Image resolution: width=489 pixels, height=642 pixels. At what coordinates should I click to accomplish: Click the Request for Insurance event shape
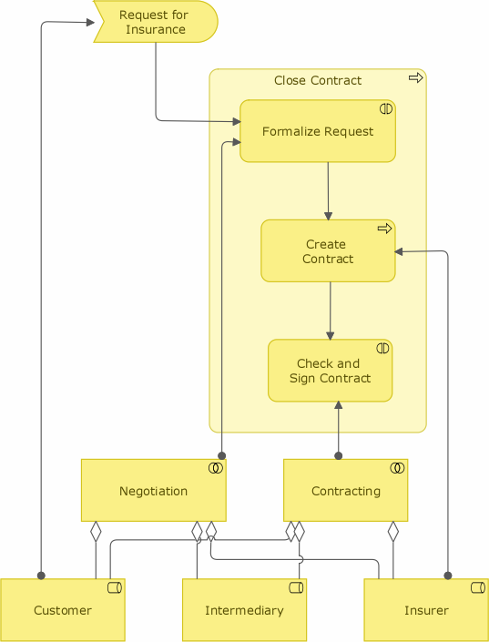pos(156,22)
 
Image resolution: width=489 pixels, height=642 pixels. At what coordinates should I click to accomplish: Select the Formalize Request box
pos(318,131)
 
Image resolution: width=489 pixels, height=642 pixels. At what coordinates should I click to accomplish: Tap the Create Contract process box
pos(328,251)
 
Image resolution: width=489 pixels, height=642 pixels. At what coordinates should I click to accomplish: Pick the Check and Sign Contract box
pos(330,371)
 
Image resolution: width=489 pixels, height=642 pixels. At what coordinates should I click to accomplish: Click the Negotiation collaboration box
pos(154,490)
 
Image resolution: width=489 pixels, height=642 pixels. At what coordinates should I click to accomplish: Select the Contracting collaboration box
pos(346,490)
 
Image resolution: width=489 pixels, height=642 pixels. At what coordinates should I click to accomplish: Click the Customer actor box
pos(63,610)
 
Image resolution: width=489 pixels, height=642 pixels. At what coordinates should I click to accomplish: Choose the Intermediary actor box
pos(244,610)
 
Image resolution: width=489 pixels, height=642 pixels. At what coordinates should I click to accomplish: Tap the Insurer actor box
pos(426,610)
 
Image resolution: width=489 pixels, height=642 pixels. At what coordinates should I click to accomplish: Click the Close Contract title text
pos(318,80)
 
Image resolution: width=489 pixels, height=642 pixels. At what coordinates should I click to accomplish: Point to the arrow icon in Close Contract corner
pos(415,77)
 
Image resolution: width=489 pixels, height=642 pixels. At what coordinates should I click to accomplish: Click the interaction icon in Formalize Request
pos(386,109)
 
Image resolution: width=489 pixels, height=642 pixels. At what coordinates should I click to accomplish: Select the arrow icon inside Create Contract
pos(384,229)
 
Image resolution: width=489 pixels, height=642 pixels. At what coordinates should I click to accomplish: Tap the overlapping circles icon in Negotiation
pos(216,468)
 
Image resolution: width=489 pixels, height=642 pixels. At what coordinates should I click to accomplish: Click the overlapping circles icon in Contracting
pos(397,468)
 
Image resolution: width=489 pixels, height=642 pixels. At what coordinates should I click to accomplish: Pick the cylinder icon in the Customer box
pos(115,588)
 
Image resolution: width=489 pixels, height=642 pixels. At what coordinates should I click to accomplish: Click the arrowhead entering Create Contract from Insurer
pos(399,252)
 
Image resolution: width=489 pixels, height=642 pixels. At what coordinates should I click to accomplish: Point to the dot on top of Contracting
pos(338,455)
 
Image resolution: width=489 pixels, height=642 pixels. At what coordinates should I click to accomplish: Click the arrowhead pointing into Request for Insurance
pos(90,22)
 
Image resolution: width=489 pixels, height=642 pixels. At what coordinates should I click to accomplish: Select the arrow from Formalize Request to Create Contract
pos(328,191)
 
